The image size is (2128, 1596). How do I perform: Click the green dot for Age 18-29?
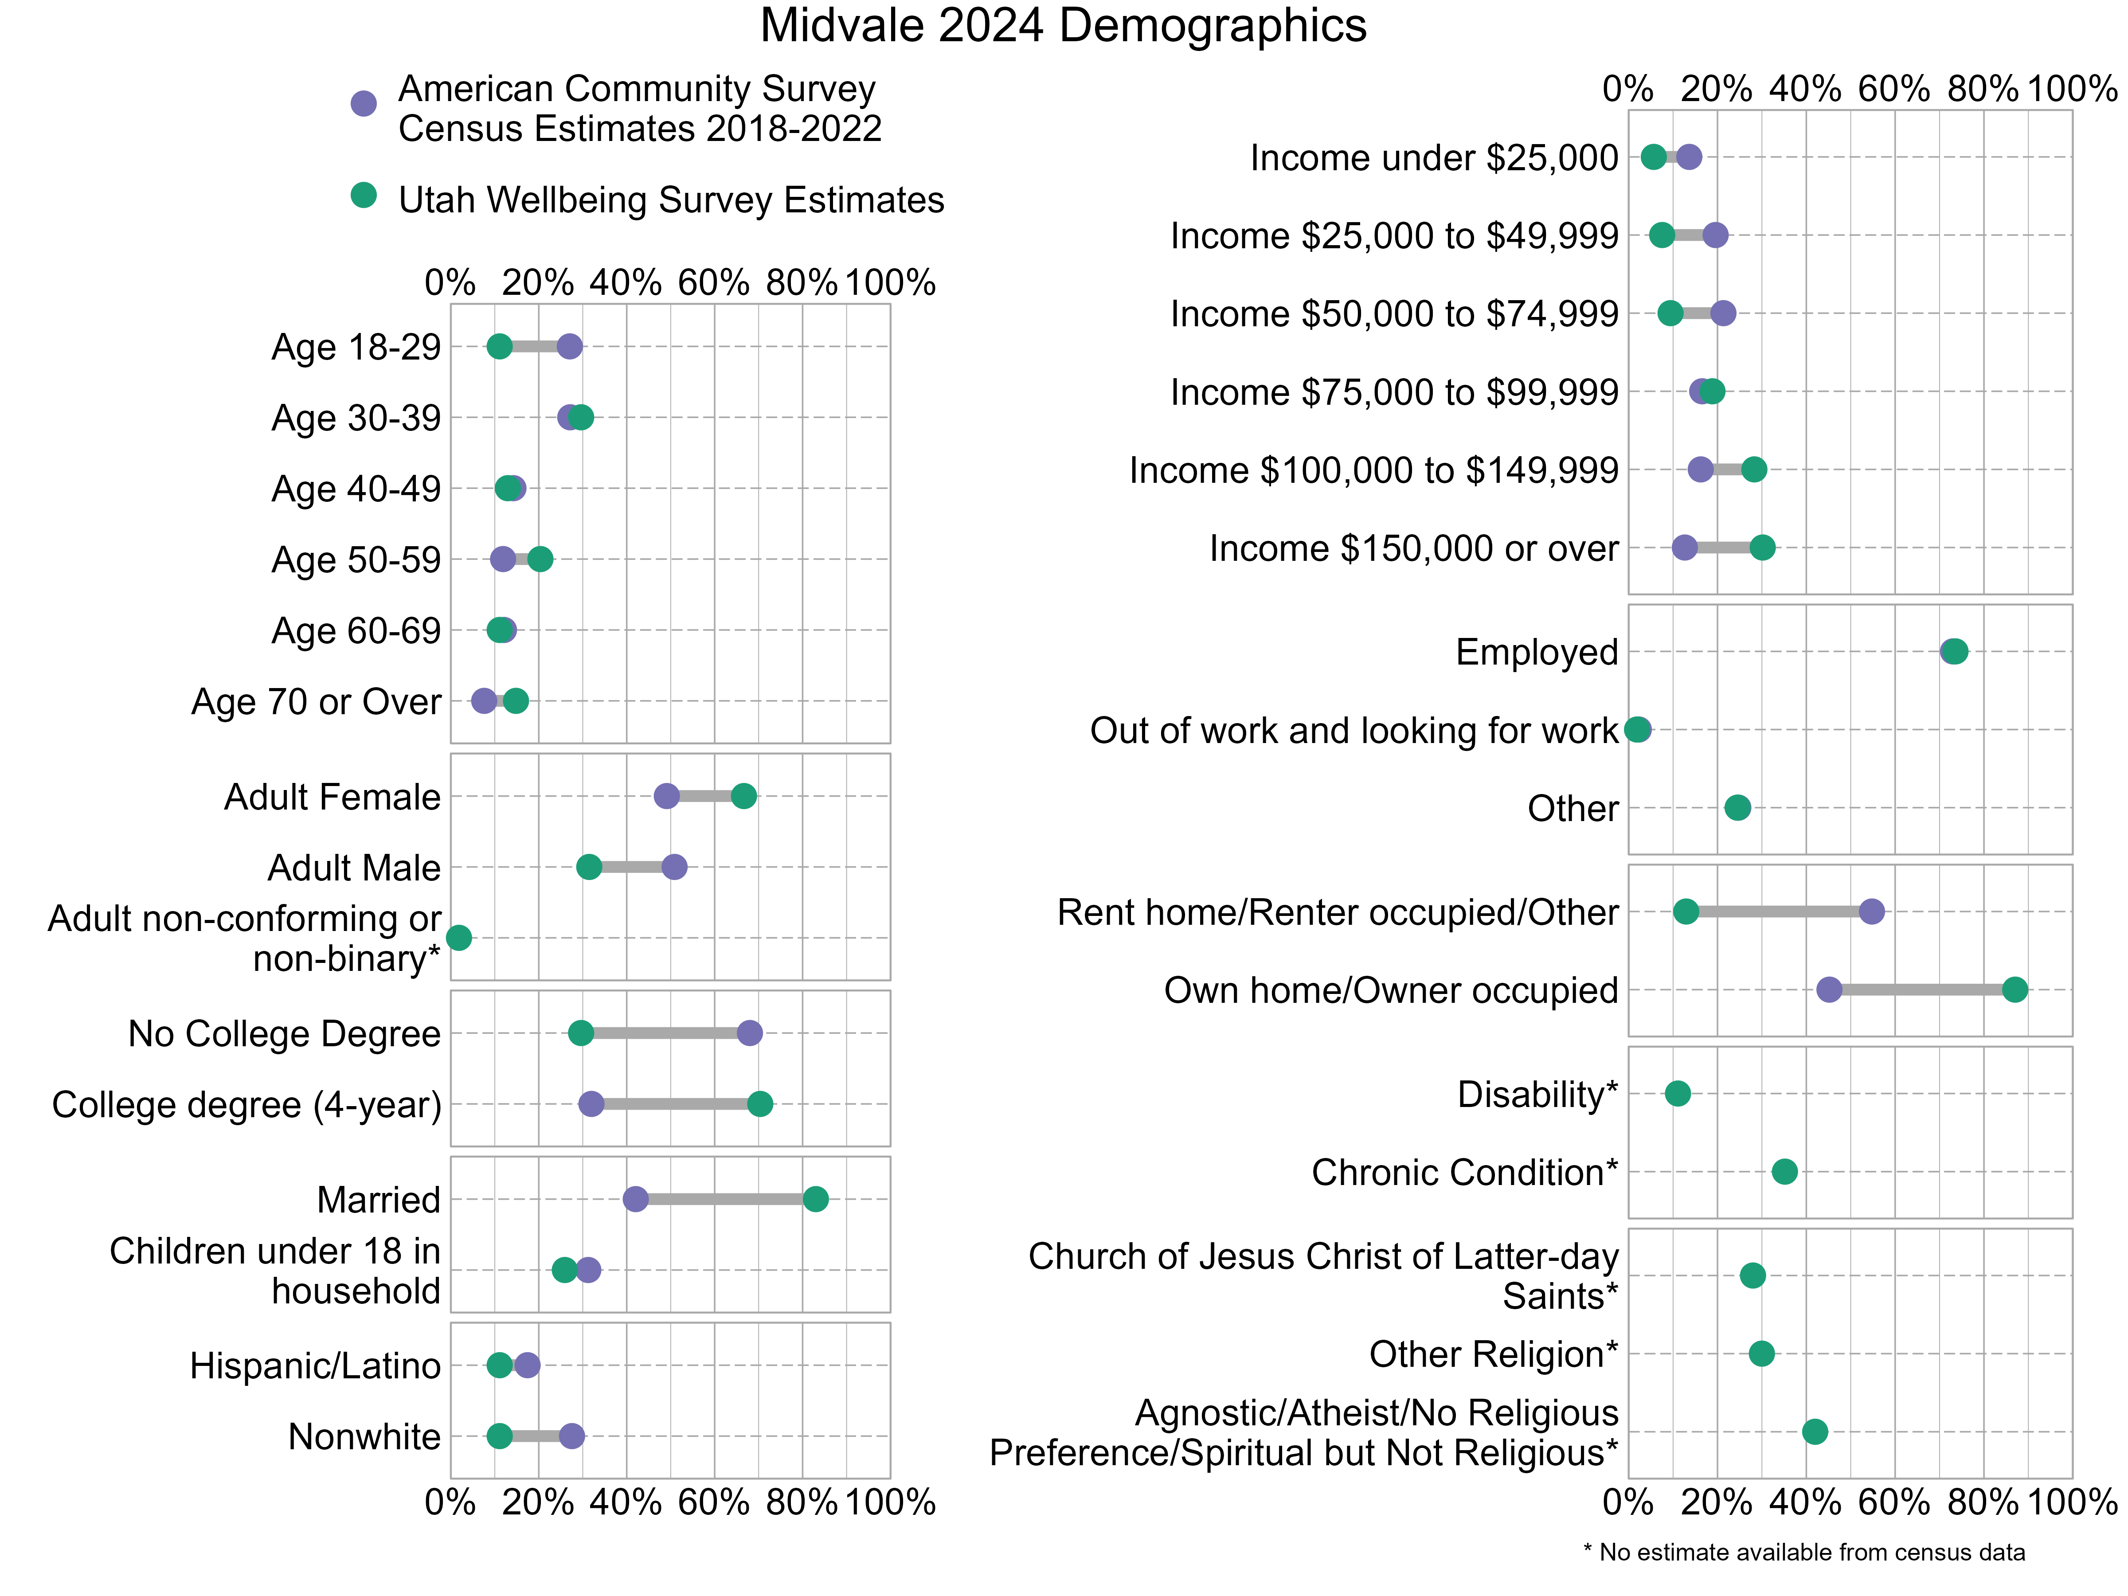(499, 346)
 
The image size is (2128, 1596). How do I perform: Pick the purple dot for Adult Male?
(674, 867)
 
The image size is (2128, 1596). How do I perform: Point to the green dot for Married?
(815, 1199)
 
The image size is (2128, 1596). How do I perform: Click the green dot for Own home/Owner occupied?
(2015, 990)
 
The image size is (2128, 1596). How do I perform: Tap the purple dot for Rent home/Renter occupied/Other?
(1871, 912)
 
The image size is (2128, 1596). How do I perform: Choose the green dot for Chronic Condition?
(1784, 1172)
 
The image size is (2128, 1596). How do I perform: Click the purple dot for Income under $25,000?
(1689, 157)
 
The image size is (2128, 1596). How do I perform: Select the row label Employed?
(1536, 652)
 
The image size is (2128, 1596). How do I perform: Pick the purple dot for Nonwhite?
(571, 1436)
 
